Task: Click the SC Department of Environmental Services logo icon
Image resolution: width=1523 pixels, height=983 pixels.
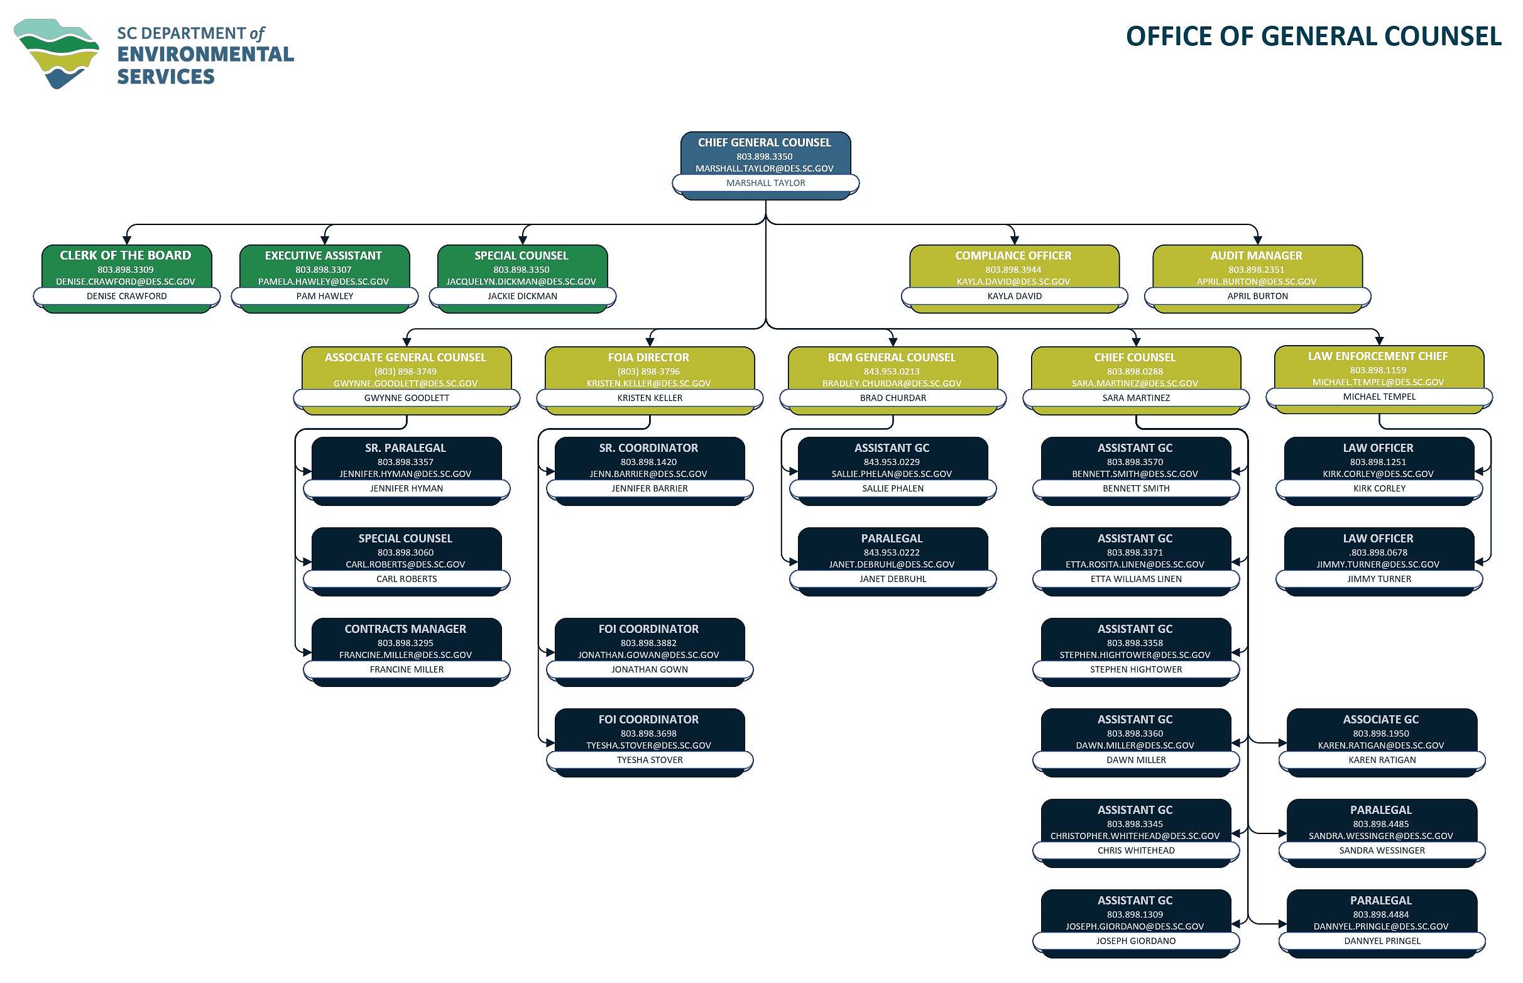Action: [x=56, y=53]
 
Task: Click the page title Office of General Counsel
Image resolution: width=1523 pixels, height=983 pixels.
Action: [x=1313, y=36]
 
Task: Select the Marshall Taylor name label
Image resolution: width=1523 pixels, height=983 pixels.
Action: [x=765, y=183]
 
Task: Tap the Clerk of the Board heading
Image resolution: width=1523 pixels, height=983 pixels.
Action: [x=126, y=255]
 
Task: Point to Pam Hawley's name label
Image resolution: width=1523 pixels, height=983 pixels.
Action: [x=324, y=296]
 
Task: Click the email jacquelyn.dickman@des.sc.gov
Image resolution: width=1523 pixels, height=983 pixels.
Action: [x=521, y=282]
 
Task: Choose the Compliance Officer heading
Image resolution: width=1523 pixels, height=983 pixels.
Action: [x=1013, y=255]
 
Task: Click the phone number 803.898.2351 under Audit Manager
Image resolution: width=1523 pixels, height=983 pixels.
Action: [x=1256, y=270]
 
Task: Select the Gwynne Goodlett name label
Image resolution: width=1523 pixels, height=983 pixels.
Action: [x=407, y=398]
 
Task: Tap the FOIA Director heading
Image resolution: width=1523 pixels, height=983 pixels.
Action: [x=648, y=358]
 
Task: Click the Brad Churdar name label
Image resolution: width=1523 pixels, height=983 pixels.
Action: [x=893, y=398]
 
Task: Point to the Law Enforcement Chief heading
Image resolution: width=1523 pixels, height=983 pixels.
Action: [x=1377, y=356]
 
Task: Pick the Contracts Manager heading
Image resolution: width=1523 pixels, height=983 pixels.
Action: [x=405, y=629]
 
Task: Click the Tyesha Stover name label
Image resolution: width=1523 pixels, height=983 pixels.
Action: [x=650, y=760]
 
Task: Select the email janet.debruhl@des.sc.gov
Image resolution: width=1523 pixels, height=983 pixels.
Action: [x=892, y=564]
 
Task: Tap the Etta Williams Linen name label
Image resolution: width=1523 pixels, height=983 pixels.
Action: [x=1136, y=579]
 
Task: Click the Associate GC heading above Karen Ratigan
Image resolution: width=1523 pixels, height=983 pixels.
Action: [x=1381, y=720]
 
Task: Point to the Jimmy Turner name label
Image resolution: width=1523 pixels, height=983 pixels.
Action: [x=1378, y=579]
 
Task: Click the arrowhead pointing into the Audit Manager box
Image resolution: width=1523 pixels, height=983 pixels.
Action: [x=1257, y=241]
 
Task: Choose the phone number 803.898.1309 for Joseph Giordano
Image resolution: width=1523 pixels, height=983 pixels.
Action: [x=1135, y=914]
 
